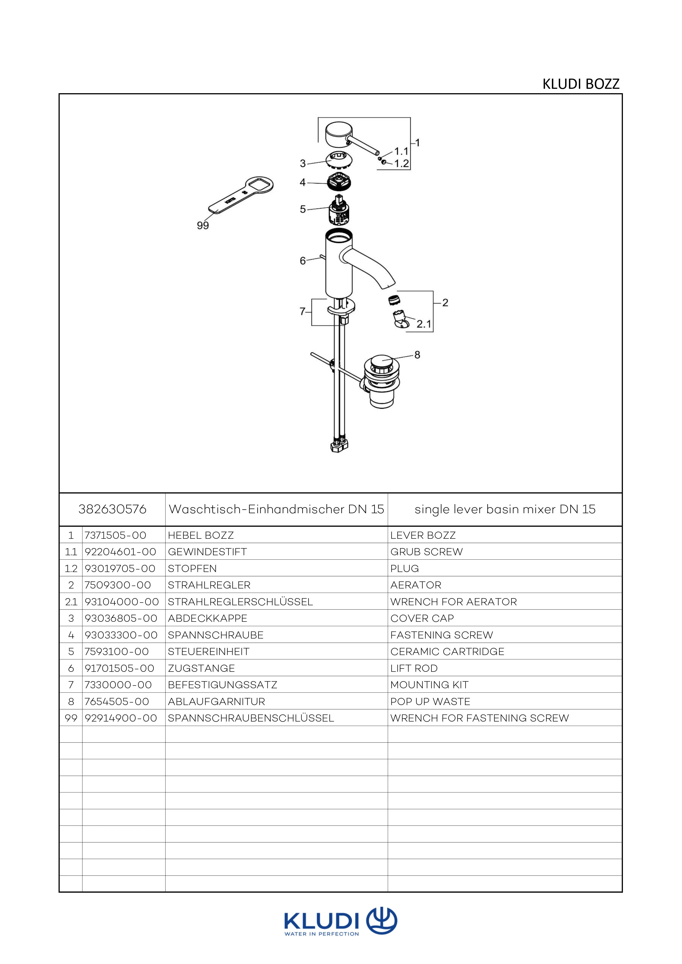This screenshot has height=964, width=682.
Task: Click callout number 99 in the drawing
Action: click(203, 225)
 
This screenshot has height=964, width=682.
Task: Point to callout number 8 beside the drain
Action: click(417, 355)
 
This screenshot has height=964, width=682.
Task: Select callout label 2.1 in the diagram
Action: click(424, 324)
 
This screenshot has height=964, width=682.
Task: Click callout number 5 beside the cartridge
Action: click(303, 209)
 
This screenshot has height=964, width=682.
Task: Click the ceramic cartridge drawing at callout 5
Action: click(339, 210)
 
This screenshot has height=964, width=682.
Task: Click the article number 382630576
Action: click(112, 509)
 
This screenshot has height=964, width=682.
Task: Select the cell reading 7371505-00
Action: click(116, 535)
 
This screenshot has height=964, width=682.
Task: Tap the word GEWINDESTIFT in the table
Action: click(207, 552)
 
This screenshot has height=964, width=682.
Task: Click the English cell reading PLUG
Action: click(405, 568)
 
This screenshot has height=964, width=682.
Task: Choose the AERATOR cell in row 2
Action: click(416, 585)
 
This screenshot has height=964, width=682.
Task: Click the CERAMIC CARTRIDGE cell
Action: click(447, 652)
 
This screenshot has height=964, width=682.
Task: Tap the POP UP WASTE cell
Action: click(430, 701)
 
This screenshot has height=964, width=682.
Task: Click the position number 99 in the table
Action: click(71, 718)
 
